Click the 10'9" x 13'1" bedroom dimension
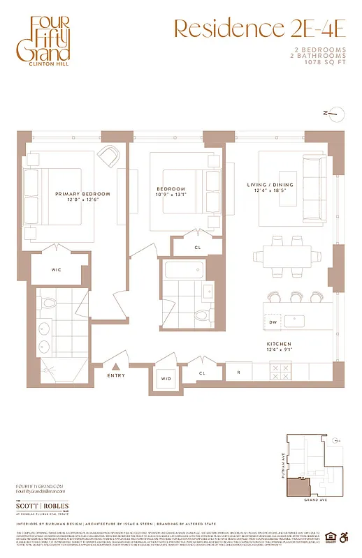pos(171,195)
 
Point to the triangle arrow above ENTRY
pos(117,366)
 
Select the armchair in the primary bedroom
pos(108,156)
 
